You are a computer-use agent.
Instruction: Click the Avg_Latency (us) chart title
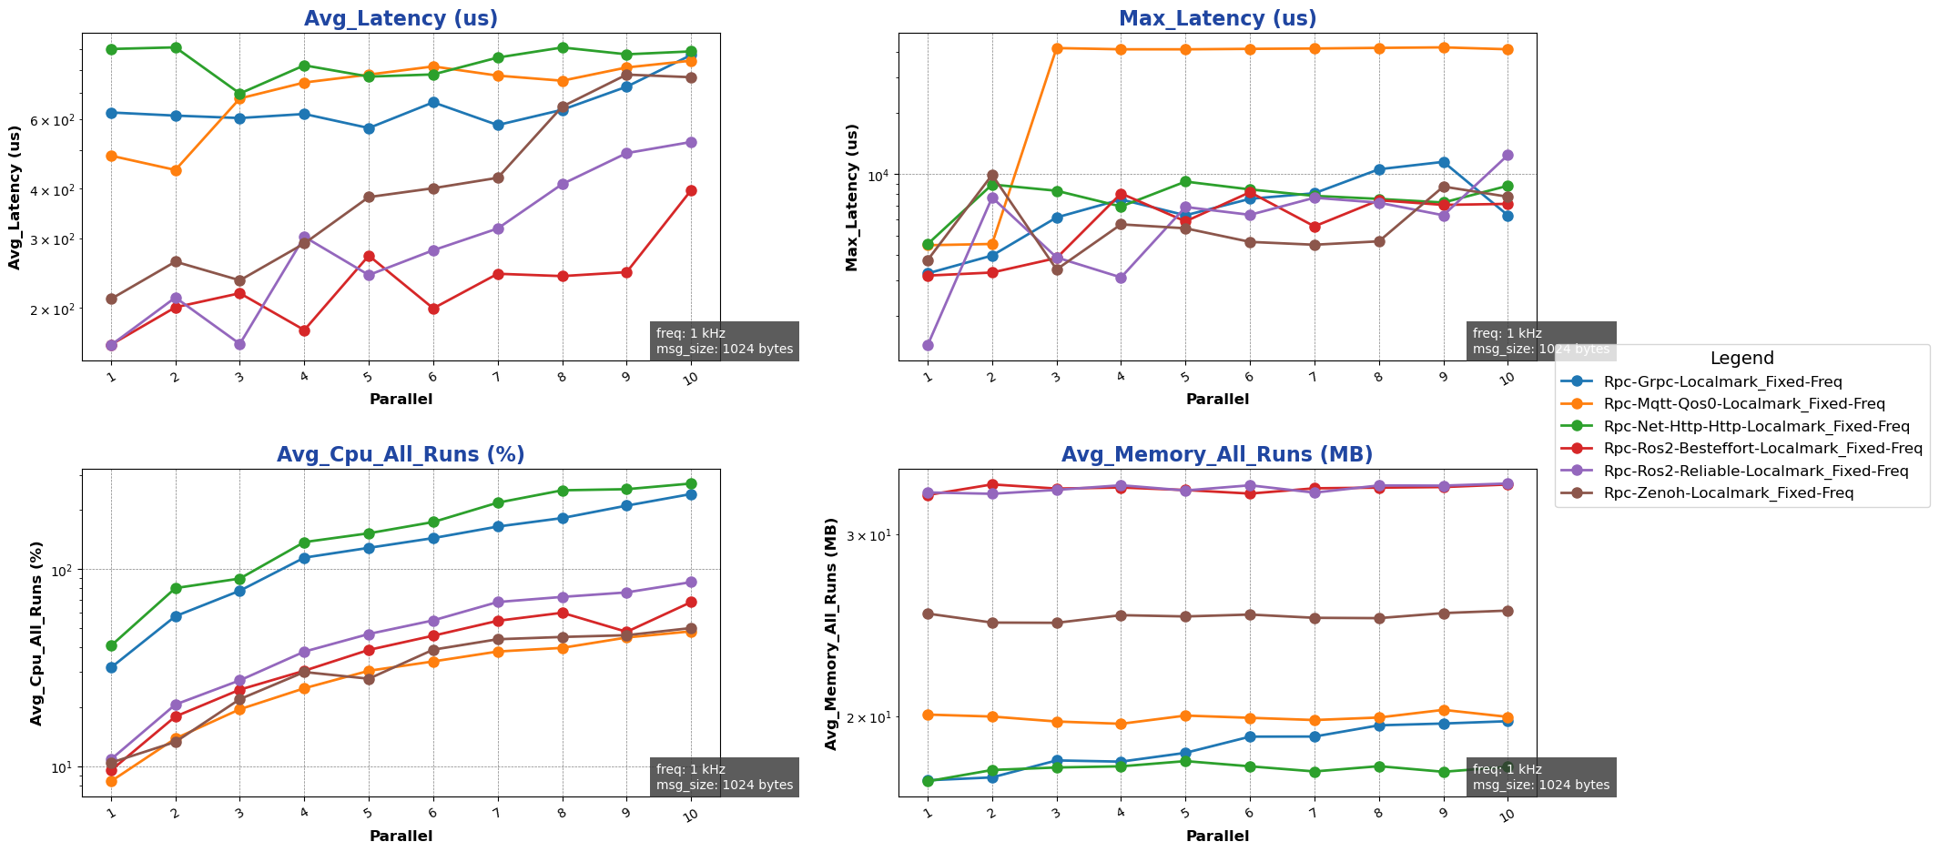pos(401,18)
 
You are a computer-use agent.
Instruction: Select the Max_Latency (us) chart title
pos(1217,18)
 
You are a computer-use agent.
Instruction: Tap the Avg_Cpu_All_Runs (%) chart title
pos(401,455)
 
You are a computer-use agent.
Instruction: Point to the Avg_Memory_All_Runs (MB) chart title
pos(1217,455)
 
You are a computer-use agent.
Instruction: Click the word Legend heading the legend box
pos(1741,359)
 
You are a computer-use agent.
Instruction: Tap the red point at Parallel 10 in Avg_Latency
pos(691,190)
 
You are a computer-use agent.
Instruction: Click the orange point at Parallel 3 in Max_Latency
pos(1056,48)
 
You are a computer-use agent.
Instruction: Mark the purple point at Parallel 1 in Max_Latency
pos(928,345)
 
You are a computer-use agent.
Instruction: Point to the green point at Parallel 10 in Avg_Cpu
pos(691,484)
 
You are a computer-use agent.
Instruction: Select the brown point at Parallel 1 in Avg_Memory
pos(928,614)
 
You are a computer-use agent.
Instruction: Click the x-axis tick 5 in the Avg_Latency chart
pos(368,376)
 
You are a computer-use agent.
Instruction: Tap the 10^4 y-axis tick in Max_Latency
pos(879,175)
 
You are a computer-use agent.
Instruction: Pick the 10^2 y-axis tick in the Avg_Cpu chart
pos(62,571)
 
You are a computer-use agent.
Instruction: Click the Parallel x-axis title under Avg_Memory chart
pos(1217,836)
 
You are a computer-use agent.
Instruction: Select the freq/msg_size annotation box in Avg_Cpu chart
pos(725,777)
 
